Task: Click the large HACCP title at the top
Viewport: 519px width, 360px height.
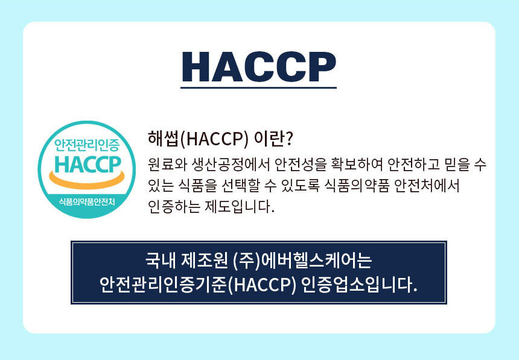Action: pos(259,66)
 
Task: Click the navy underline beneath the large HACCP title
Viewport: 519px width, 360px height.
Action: pos(258,87)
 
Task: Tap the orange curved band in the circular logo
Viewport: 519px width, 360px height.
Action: pos(87,180)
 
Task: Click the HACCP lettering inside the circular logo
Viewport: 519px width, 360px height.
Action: pos(88,165)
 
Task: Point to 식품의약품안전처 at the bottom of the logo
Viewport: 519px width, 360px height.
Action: pos(87,201)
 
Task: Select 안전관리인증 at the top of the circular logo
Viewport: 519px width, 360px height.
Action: pos(87,145)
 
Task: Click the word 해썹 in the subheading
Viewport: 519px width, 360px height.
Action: pos(163,139)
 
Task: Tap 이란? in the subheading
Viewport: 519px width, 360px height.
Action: pos(273,139)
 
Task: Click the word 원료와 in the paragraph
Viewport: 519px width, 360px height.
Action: pos(168,165)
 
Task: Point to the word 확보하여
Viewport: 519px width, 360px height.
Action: pos(356,165)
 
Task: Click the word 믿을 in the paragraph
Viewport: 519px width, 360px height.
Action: pos(457,165)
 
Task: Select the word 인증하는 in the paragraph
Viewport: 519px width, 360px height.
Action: pos(174,207)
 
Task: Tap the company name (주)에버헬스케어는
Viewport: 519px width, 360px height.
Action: pos(302,261)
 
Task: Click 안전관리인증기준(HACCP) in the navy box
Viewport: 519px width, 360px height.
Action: pos(197,285)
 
